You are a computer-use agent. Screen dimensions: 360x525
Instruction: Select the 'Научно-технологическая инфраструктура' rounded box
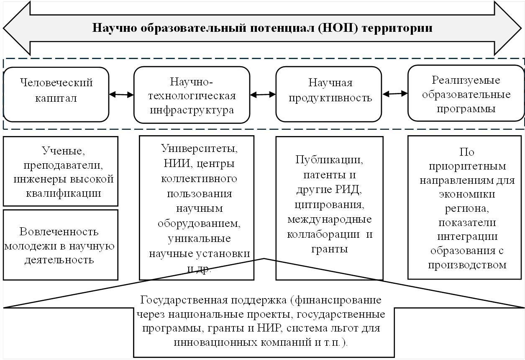click(192, 95)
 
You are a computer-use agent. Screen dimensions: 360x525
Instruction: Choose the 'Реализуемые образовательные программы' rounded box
click(466, 94)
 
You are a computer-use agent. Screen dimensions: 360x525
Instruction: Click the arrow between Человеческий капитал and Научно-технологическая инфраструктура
click(121, 95)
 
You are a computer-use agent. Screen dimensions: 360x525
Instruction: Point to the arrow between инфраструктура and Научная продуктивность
click(263, 95)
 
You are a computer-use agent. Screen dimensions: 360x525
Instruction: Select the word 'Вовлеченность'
click(59, 231)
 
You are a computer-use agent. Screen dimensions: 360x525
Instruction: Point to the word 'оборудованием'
click(199, 223)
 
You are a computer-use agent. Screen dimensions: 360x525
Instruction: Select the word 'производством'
click(466, 265)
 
